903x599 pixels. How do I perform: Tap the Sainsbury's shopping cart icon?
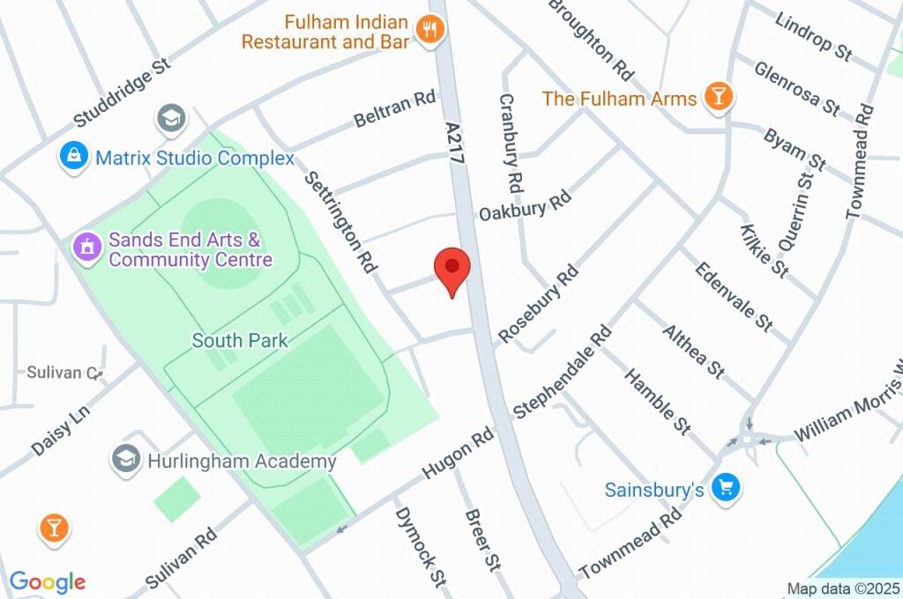tap(726, 488)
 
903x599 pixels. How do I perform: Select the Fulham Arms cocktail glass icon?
tap(719, 97)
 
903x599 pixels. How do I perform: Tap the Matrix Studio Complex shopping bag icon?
tap(74, 158)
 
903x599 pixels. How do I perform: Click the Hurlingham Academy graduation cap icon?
tap(126, 459)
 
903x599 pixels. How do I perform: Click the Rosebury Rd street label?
tap(537, 304)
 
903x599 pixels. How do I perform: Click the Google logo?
tap(48, 581)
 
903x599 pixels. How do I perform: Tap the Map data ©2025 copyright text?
tap(842, 588)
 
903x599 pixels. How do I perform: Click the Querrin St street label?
tap(792, 210)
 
